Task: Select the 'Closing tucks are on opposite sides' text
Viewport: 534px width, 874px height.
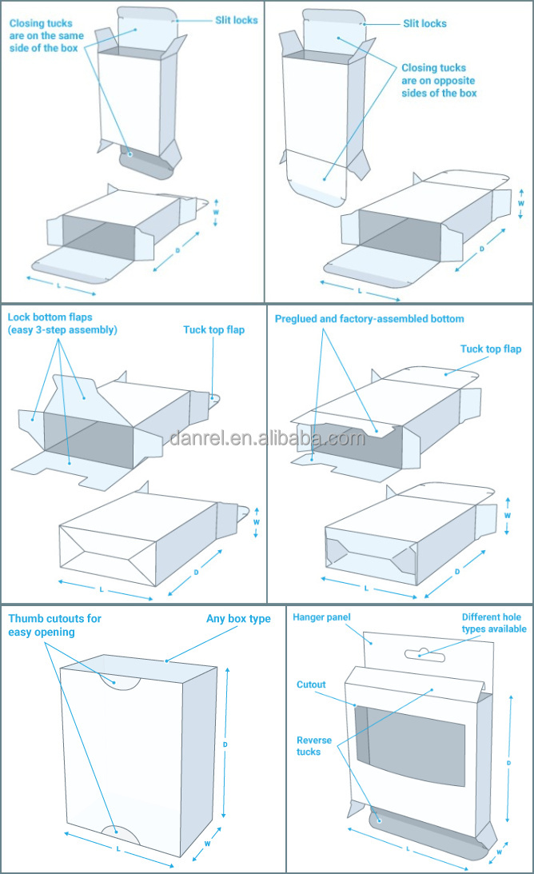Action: tap(439, 81)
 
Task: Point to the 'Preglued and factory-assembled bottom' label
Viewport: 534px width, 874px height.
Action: tap(369, 318)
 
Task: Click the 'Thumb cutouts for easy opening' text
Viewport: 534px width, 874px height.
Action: tap(54, 625)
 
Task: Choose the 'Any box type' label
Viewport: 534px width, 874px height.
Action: tap(238, 619)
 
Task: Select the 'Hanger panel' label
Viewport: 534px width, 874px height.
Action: tap(321, 617)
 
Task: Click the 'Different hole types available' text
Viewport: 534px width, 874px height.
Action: tap(493, 623)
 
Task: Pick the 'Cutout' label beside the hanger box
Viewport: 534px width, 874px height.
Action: tap(311, 684)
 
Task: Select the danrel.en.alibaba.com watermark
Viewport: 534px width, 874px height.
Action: tap(267, 438)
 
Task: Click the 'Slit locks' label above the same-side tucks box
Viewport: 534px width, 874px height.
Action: tap(236, 19)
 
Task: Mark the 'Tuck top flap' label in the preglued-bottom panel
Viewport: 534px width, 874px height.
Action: tap(490, 349)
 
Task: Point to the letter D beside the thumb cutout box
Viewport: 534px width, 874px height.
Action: tap(225, 744)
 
